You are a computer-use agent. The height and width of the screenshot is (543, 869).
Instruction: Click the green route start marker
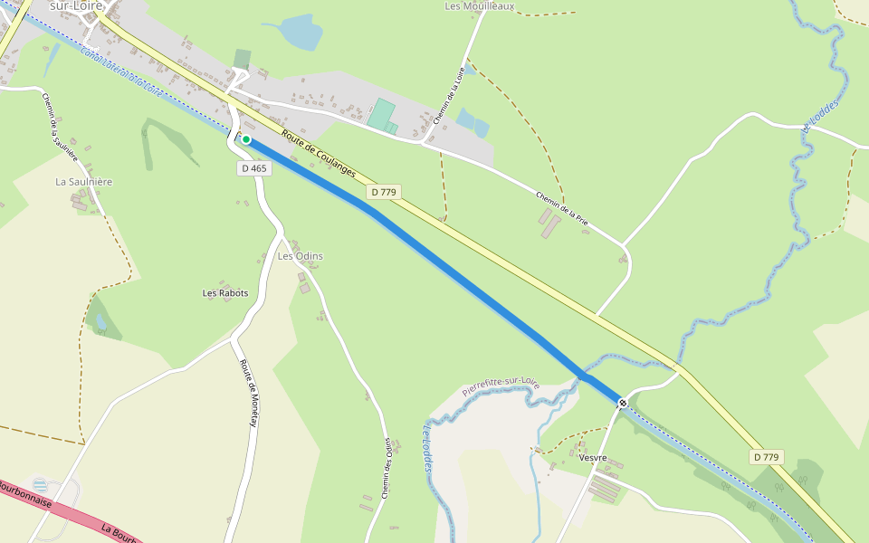(x=245, y=139)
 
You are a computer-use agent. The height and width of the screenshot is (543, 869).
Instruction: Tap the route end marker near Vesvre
(x=622, y=403)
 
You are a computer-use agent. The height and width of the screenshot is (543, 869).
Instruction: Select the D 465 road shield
(x=254, y=168)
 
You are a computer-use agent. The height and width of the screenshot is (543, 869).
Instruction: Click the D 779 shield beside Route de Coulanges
(x=384, y=192)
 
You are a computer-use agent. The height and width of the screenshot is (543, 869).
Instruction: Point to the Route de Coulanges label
(x=319, y=155)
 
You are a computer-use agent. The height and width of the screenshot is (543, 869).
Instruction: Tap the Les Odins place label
(x=300, y=256)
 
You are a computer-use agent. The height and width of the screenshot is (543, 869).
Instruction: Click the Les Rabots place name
(x=225, y=293)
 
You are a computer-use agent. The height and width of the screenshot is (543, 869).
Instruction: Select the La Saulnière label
(x=83, y=182)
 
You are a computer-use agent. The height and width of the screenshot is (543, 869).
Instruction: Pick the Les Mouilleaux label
(x=480, y=6)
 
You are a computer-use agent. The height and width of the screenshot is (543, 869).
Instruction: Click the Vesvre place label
(x=593, y=458)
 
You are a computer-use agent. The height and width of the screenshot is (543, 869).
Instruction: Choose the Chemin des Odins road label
(x=387, y=468)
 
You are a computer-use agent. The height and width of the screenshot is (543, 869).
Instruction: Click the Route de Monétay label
(x=250, y=394)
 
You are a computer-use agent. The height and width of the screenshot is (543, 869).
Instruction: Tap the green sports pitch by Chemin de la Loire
(x=381, y=115)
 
